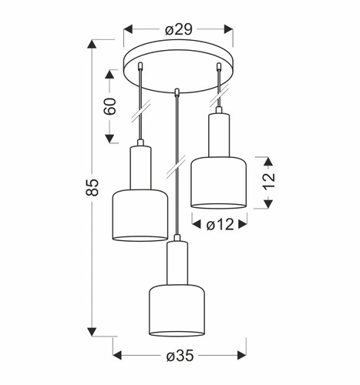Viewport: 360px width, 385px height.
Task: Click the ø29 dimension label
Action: coord(178,29)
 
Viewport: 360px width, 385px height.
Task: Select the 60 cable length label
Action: coord(110,106)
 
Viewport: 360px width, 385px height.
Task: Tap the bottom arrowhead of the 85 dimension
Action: coord(93,332)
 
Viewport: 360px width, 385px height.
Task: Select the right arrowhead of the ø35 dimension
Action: coord(239,354)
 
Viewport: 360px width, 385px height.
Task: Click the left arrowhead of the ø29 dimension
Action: coord(128,29)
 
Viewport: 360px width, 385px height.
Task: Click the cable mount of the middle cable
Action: coord(178,92)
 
